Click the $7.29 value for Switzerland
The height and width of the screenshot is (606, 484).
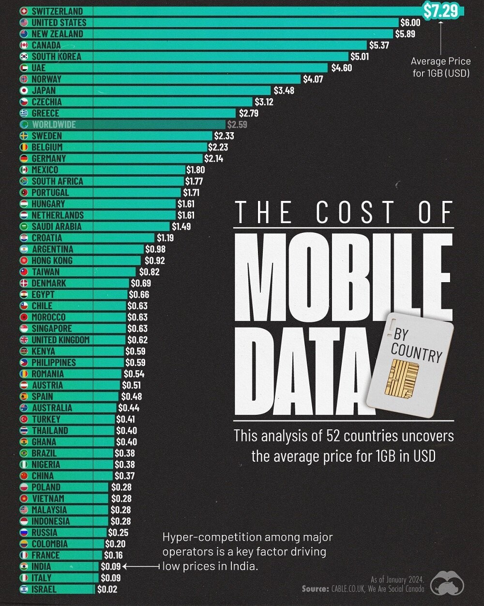tap(440, 11)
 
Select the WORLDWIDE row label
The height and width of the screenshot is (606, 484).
tap(54, 124)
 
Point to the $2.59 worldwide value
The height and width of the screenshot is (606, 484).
tap(236, 124)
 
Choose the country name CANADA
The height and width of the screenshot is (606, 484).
tap(46, 45)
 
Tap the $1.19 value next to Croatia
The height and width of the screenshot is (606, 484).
tap(165, 238)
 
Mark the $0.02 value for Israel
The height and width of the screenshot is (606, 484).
tap(107, 589)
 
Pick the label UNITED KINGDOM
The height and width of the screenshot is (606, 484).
tap(60, 340)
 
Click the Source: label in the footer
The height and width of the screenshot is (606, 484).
tap(316, 589)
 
